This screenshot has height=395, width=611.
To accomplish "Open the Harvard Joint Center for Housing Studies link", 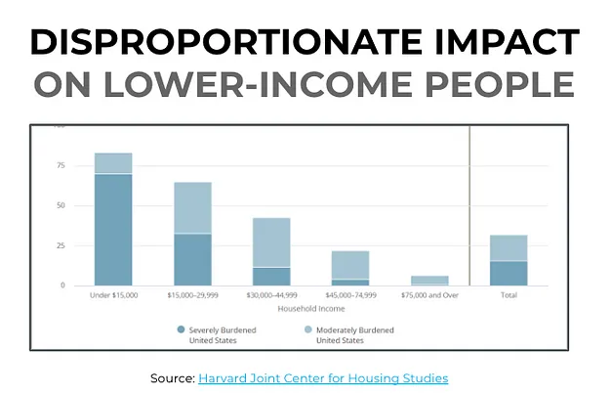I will pos(323,377).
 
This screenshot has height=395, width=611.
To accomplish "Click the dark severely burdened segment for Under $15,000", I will pos(113,230).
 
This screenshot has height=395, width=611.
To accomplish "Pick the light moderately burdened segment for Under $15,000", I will pos(113,163).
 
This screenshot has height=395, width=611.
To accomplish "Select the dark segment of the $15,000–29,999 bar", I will pos(192,259).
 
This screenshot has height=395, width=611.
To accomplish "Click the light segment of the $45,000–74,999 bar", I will pos(350,265).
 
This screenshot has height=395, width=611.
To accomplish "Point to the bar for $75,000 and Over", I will pos(429,281).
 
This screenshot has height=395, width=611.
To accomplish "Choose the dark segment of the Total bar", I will pos(509,273).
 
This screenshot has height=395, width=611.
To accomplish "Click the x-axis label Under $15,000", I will pos(113,294).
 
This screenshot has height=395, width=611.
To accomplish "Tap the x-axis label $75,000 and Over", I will pos(429,294).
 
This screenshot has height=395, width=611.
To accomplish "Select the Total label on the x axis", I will pos(509,294).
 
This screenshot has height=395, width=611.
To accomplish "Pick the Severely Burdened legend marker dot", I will pos(181,330).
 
